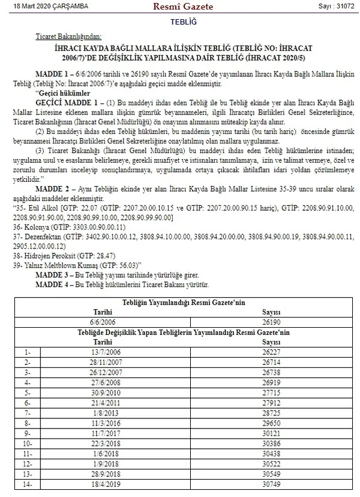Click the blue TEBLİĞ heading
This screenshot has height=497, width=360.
pyautogui.click(x=180, y=22)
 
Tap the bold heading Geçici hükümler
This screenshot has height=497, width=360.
pyautogui.click(x=63, y=94)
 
